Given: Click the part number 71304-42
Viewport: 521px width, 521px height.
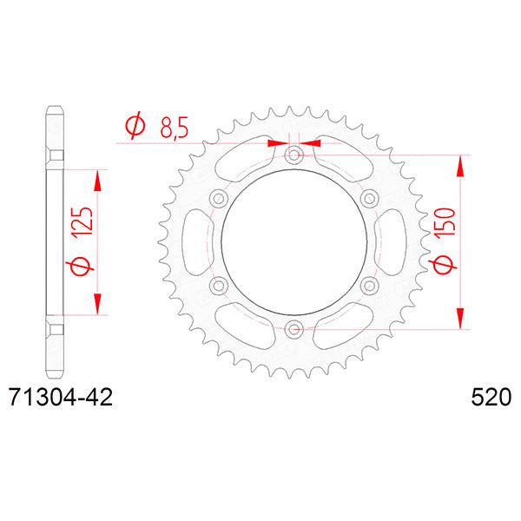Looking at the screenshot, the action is [x=61, y=397].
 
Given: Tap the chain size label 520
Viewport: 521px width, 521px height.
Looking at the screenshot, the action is [x=491, y=397].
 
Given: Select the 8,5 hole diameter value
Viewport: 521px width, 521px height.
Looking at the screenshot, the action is [x=175, y=128].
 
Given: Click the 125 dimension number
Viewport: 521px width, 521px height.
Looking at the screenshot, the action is [x=82, y=222].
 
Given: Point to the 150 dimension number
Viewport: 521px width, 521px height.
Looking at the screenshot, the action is [x=445, y=222].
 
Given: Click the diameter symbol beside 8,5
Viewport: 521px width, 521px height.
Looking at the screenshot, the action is [x=135, y=125].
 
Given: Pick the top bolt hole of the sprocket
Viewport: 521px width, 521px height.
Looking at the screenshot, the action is [x=293, y=155].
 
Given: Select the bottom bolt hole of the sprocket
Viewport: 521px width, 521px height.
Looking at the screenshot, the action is [x=293, y=330].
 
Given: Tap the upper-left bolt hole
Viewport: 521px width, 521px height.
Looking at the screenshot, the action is [x=218, y=199].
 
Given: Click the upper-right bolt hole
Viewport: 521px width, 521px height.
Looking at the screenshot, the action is [x=369, y=199].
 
